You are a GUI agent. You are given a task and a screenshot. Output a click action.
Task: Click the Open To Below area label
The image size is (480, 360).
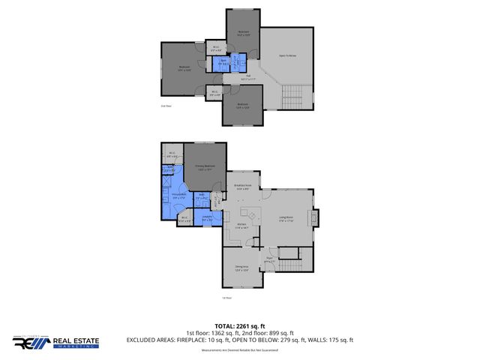tap(286, 55)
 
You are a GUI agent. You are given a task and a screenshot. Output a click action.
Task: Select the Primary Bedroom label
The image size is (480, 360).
tap(200, 168)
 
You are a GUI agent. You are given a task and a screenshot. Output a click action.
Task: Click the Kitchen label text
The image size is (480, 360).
tap(243, 226)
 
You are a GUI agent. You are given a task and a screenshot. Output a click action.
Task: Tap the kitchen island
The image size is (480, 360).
tap(252, 216)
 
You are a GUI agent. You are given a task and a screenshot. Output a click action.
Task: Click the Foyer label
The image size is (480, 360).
tap(268, 259)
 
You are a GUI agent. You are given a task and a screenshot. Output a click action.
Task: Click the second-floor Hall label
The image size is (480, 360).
tap(247, 76)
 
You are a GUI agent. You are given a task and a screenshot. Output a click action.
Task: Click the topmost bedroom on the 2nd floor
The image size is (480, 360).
tap(243, 32)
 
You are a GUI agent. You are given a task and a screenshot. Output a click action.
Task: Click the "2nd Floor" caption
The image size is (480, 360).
tap(166, 106)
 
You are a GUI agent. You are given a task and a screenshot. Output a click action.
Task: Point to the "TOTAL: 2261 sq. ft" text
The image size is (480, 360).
tap(240, 326)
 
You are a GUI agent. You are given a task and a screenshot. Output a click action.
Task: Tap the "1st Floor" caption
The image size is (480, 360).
tap(228, 297)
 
